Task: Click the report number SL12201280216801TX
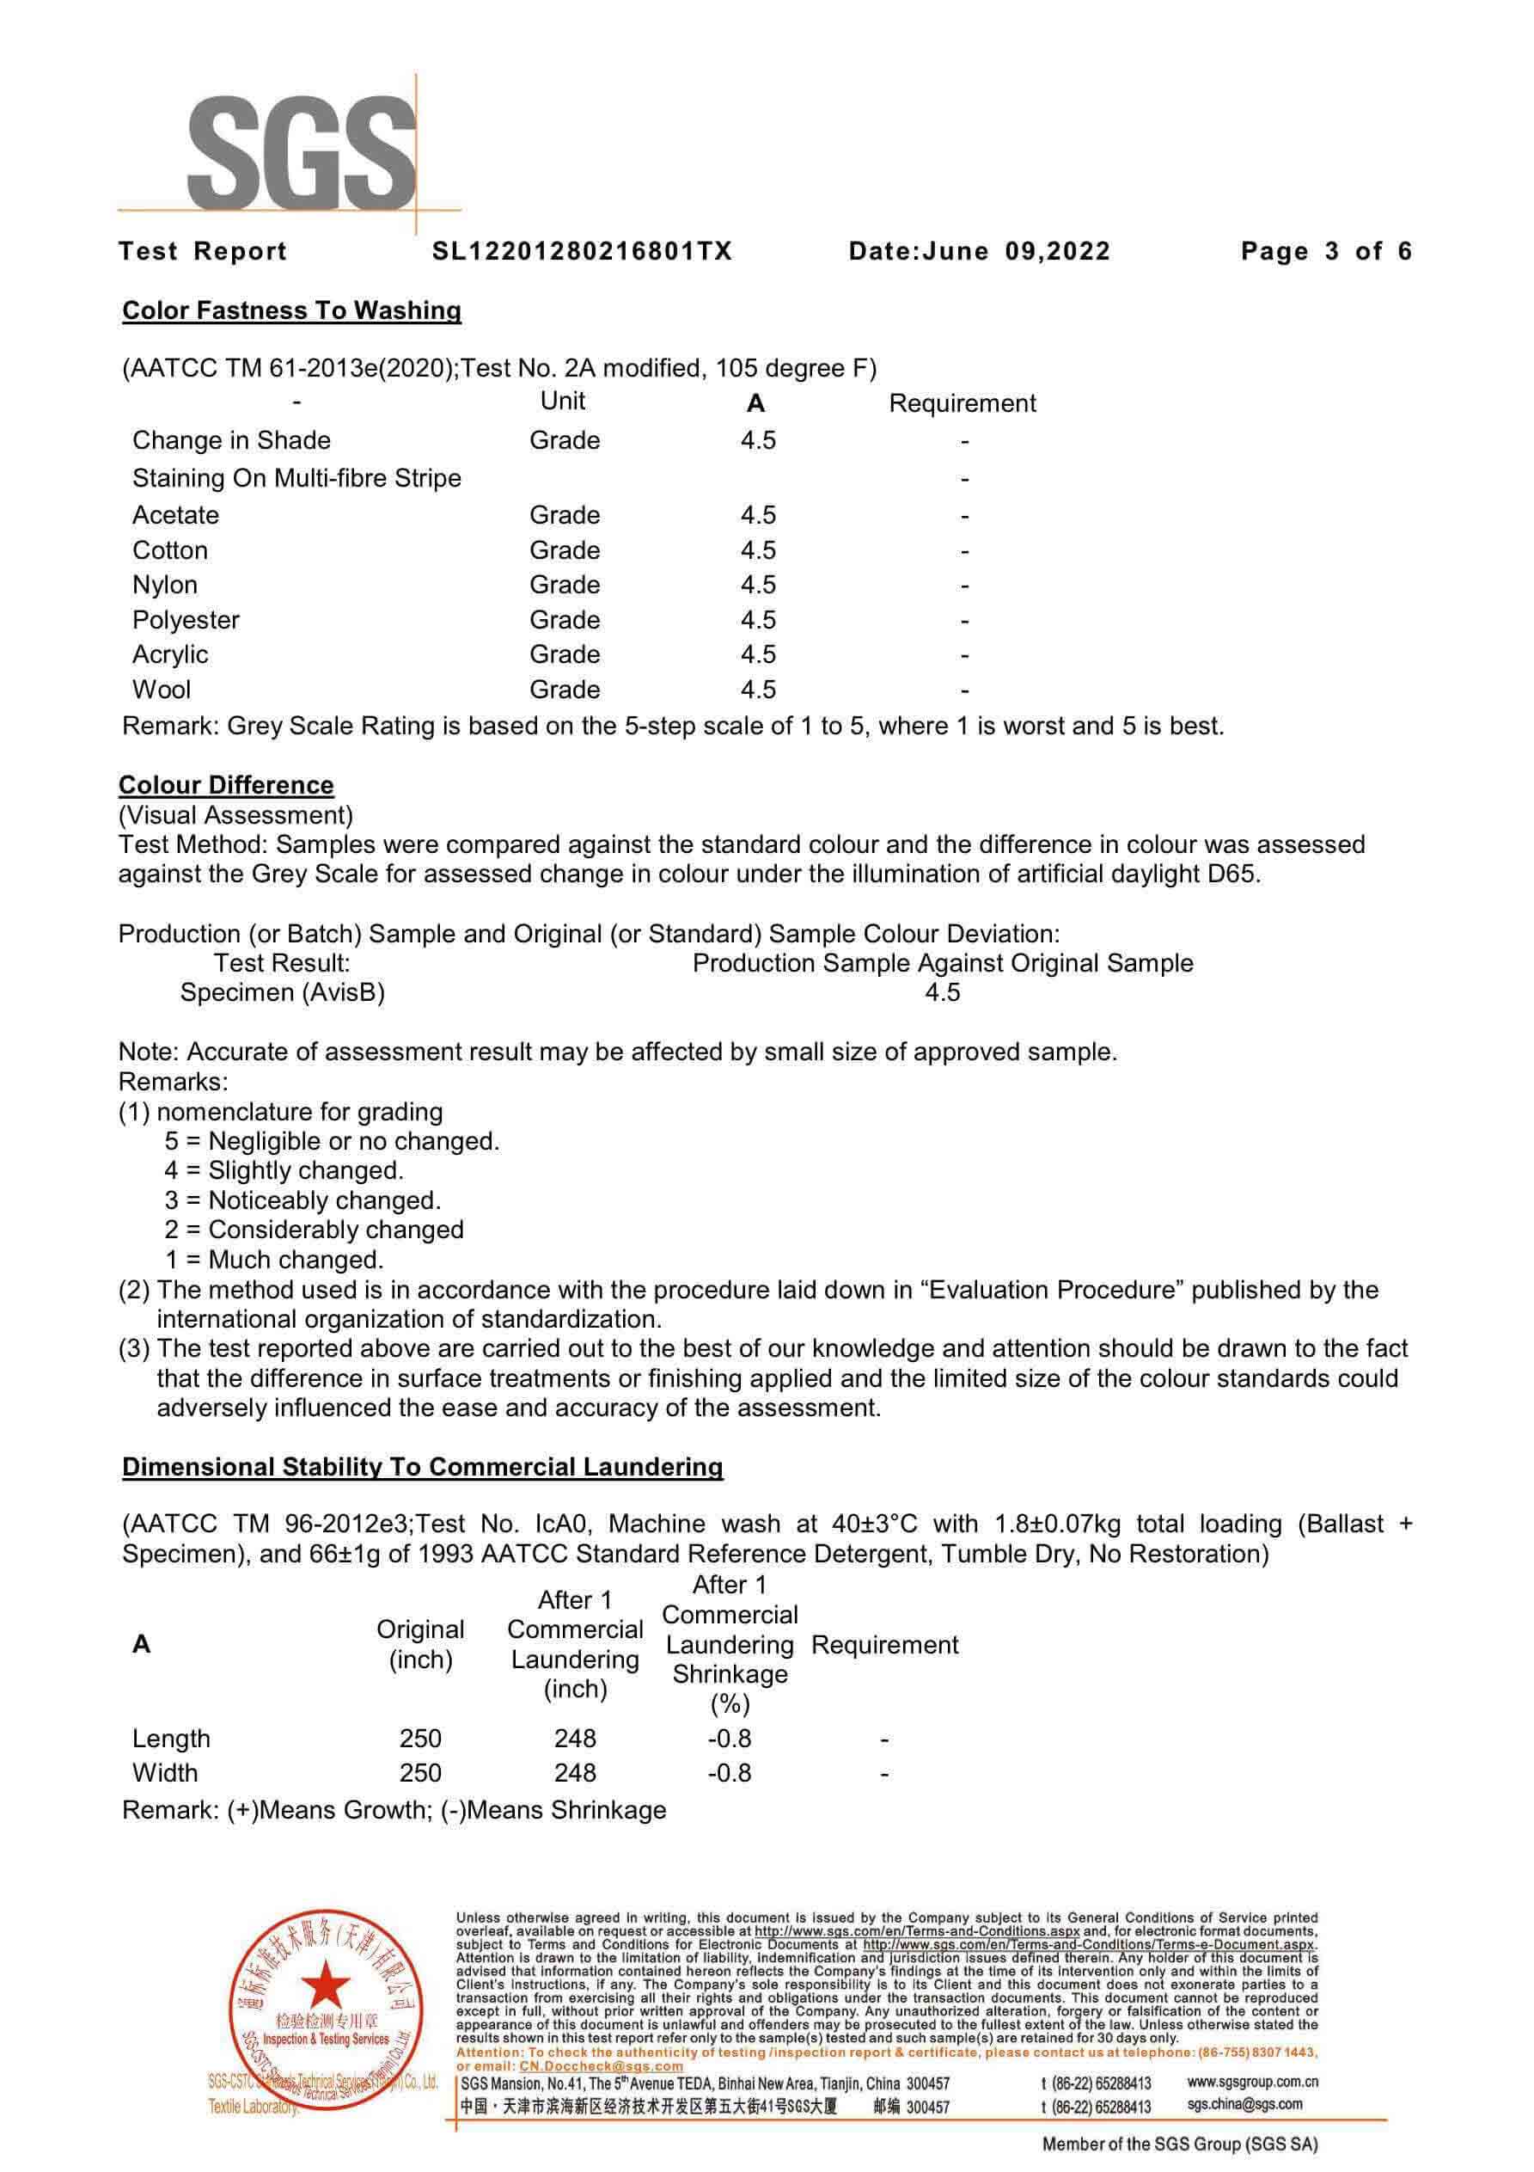582,252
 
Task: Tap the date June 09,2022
1016,252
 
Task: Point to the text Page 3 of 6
1326,252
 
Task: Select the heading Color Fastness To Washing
291,311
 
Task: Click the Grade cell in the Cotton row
565,550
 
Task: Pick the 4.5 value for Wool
757,690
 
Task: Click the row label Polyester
186,621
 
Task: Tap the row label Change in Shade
231,441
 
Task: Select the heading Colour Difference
226,785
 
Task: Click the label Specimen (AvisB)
282,992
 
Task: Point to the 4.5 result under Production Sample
942,992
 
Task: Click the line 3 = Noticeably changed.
303,1200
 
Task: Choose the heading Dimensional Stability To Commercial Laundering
422,1467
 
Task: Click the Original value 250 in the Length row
420,1739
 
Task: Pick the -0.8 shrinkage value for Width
729,1773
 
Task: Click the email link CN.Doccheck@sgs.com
601,2067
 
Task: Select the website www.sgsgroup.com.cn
1252,2082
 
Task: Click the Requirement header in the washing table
962,404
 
